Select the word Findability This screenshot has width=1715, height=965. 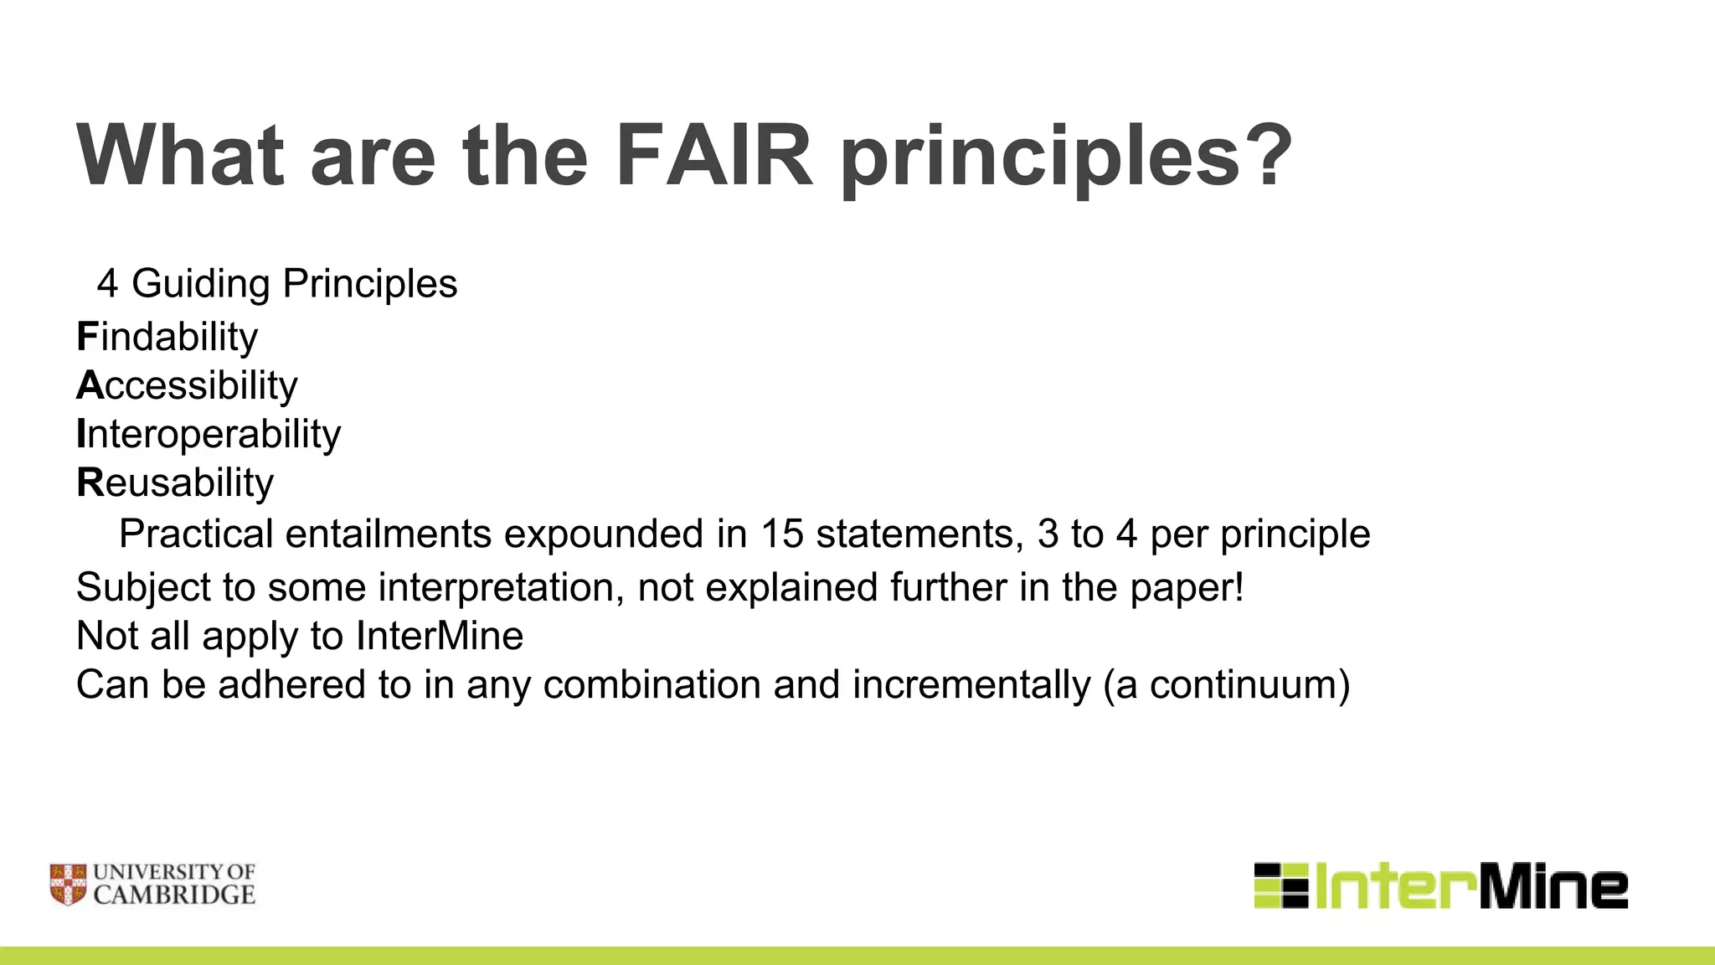pyautogui.click(x=167, y=337)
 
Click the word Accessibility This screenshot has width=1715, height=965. pyautogui.click(x=187, y=385)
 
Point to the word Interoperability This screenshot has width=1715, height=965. pyautogui.click(x=209, y=434)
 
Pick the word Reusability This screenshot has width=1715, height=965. pyautogui.click(x=175, y=482)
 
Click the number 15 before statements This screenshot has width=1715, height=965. pyautogui.click(x=781, y=534)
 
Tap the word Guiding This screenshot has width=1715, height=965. pyautogui.click(x=201, y=283)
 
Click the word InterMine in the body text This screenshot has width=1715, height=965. pyautogui.click(x=440, y=636)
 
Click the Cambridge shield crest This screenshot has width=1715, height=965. pyautogui.click(x=68, y=885)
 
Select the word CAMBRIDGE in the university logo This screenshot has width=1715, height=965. pyautogui.click(x=174, y=895)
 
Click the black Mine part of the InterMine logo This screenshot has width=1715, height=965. pyautogui.click(x=1553, y=887)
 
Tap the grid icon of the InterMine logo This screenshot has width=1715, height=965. pyautogui.click(x=1280, y=885)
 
